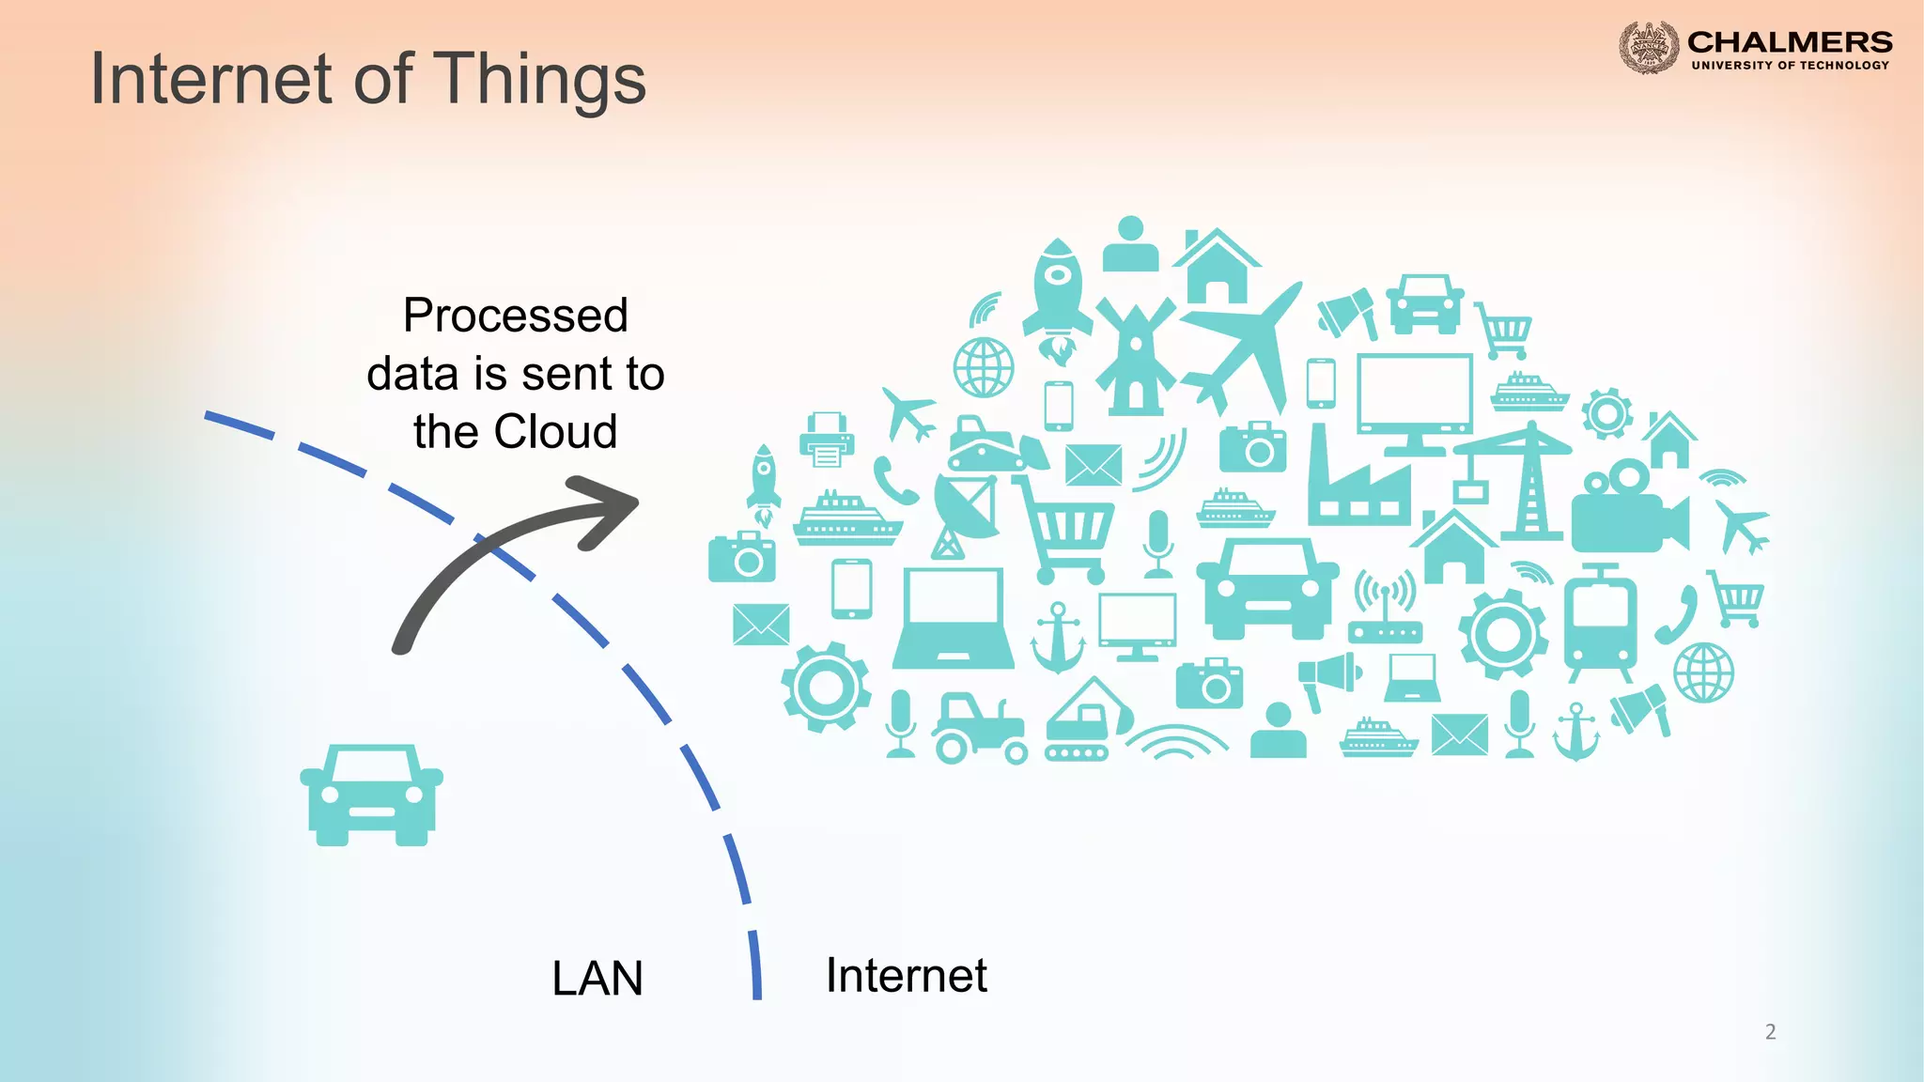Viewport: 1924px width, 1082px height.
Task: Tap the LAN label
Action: pyautogui.click(x=597, y=978)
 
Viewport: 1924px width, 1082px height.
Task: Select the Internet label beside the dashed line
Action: pyautogui.click(x=906, y=975)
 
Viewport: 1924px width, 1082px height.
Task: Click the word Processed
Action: pyautogui.click(x=515, y=316)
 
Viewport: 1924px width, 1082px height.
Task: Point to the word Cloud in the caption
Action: pyautogui.click(x=555, y=432)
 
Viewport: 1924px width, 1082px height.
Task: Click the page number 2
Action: pyautogui.click(x=1770, y=1031)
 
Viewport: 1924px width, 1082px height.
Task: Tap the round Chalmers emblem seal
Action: pyautogui.click(x=1648, y=47)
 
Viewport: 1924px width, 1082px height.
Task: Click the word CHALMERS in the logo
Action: pyautogui.click(x=1790, y=42)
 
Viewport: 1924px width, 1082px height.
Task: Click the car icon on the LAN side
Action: pyautogui.click(x=371, y=795)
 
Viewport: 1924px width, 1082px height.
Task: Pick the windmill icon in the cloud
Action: pyautogui.click(x=1135, y=357)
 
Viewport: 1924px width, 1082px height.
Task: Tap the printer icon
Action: pyautogui.click(x=827, y=440)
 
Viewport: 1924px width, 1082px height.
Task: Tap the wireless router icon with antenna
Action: pyautogui.click(x=1385, y=610)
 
